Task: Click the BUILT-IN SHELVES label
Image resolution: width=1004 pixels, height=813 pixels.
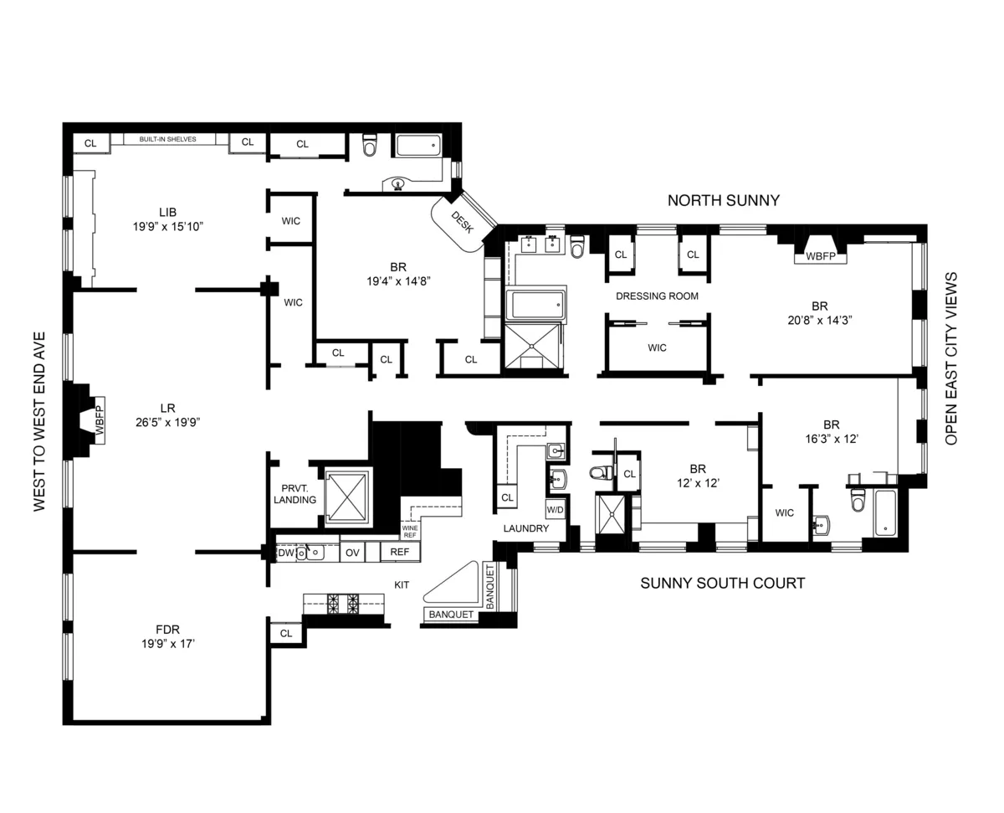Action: [167, 139]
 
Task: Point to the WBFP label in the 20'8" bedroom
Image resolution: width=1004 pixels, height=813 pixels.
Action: [820, 257]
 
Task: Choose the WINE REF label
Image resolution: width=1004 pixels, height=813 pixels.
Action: [410, 531]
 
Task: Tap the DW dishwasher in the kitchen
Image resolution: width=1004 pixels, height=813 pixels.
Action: [285, 553]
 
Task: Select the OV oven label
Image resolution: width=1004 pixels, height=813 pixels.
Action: [352, 553]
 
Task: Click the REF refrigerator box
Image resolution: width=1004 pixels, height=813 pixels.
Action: [400, 553]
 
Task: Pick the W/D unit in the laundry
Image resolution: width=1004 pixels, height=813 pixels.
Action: [555, 509]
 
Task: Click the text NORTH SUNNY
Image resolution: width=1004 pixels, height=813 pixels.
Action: [723, 200]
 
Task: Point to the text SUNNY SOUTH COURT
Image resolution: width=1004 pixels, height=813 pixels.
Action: [722, 583]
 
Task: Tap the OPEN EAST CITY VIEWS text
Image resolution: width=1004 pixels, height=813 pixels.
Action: [950, 358]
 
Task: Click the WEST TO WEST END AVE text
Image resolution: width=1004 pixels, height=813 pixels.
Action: [39, 422]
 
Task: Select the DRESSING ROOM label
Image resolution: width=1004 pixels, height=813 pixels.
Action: [657, 296]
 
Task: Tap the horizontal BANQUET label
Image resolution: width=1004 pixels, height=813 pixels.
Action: [451, 615]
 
